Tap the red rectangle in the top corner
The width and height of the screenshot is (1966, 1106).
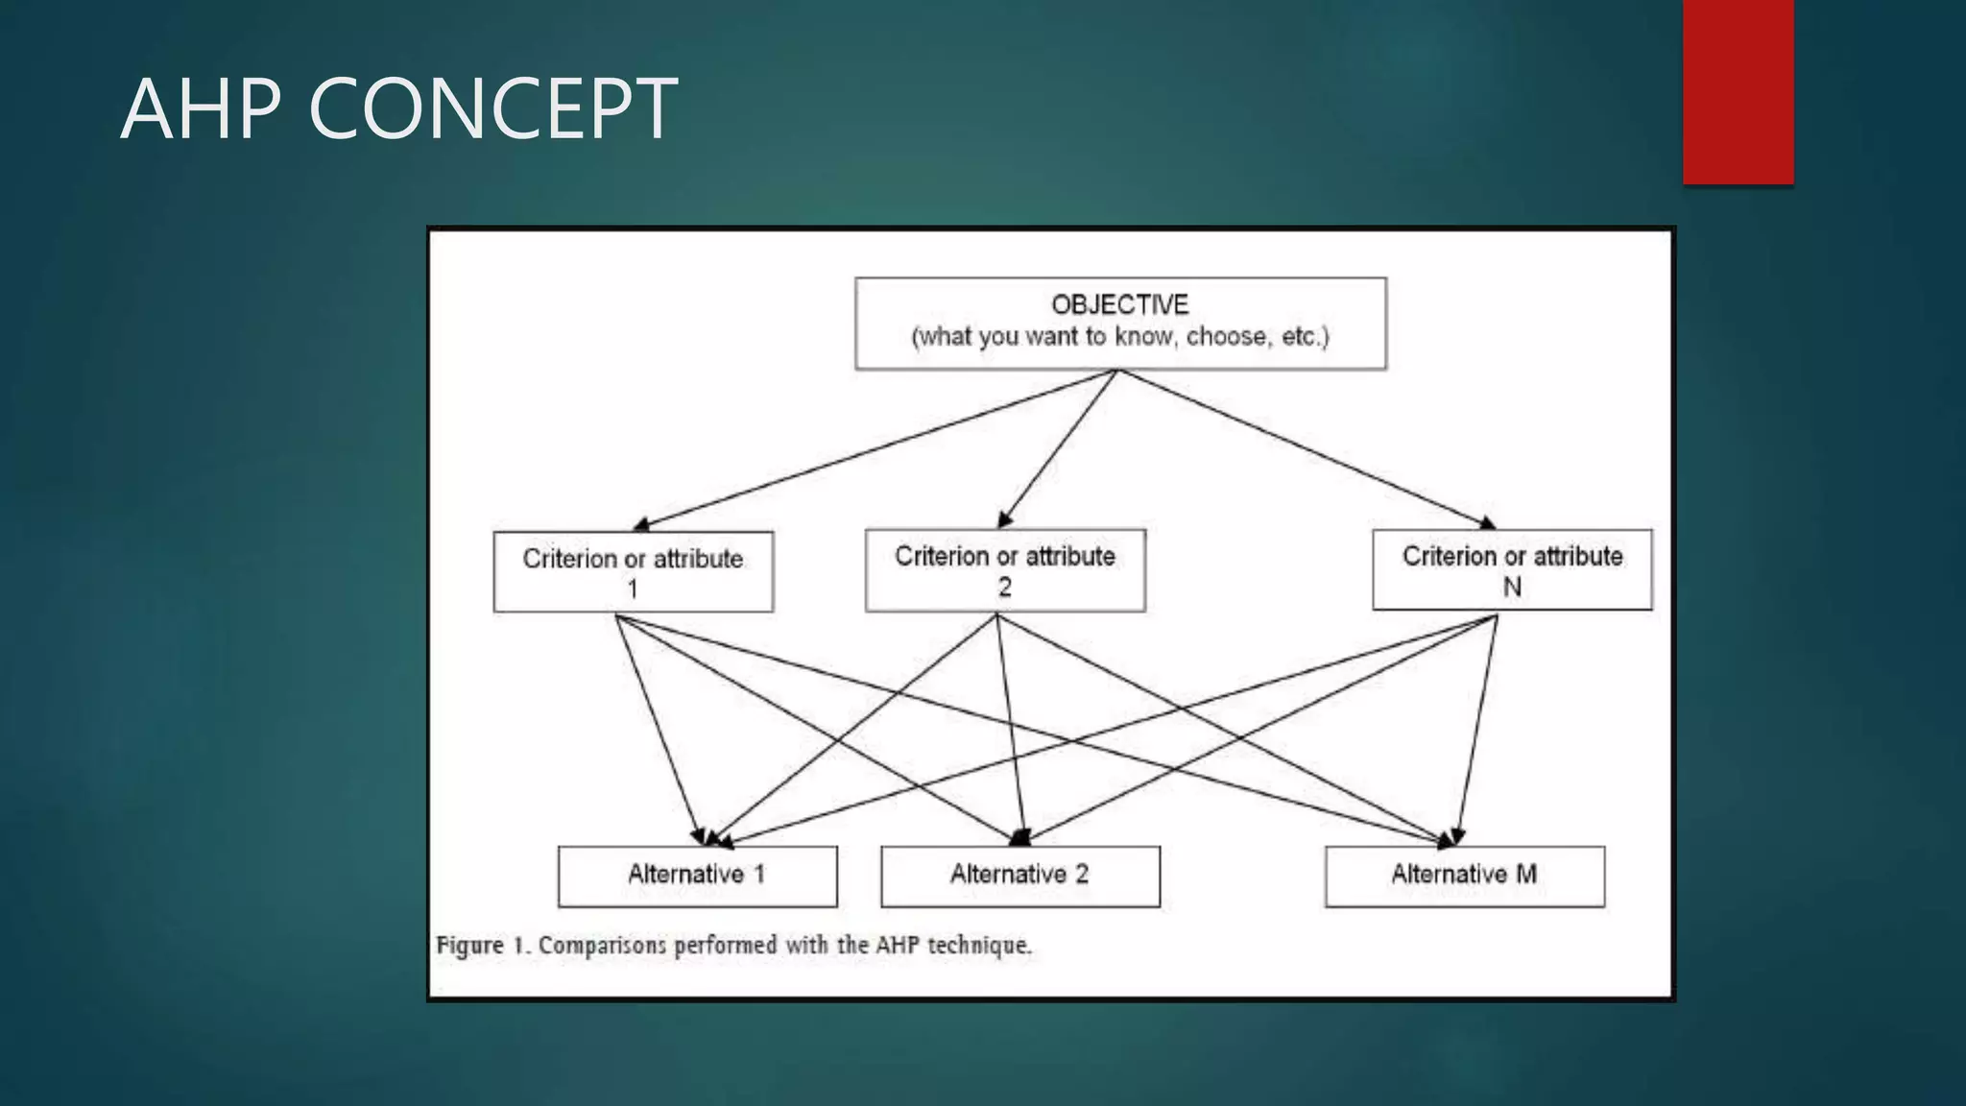click(1738, 91)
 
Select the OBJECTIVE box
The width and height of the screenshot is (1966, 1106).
click(1120, 324)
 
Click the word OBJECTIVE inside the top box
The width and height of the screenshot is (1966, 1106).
click(1120, 305)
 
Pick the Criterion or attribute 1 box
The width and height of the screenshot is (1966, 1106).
click(633, 572)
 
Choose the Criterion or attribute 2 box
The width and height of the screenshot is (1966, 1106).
click(1005, 570)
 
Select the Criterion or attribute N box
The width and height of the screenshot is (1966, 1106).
click(1512, 569)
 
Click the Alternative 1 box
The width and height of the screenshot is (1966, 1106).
click(697, 876)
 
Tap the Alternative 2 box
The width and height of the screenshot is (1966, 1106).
click(1019, 876)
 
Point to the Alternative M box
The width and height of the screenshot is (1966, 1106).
click(1464, 876)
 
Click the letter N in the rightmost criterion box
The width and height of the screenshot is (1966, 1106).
click(1512, 587)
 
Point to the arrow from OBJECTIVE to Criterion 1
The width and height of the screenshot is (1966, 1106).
click(874, 449)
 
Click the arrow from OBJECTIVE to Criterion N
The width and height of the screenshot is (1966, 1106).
click(1306, 449)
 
